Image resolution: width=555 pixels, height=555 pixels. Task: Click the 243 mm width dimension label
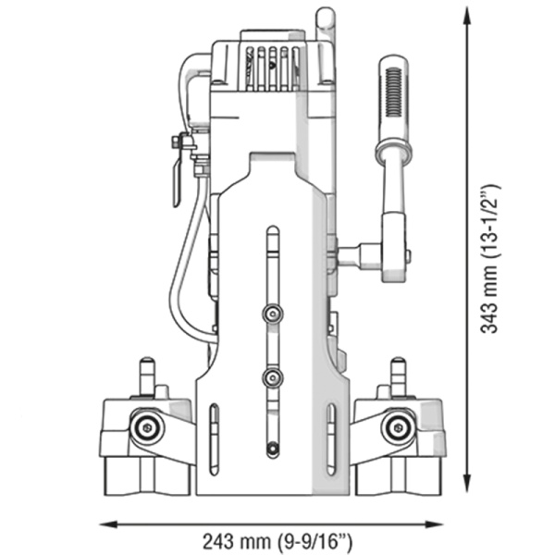point(278,539)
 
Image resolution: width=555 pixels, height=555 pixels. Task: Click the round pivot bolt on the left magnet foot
point(145,426)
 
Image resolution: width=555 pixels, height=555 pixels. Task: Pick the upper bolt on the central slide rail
point(270,314)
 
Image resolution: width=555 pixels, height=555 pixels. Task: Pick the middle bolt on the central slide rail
point(270,376)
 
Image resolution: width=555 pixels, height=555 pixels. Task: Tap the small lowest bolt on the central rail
point(271,450)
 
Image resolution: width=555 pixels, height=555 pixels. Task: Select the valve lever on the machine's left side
point(176,171)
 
